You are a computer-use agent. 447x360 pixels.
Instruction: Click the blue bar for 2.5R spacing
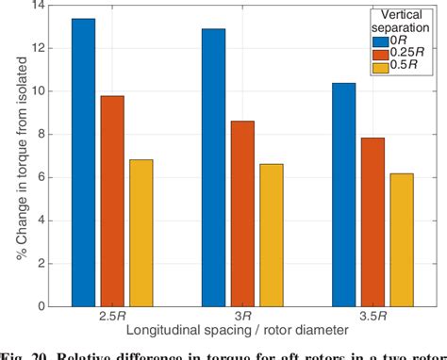(x=84, y=162)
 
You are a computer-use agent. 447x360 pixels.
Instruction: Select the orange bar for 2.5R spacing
(x=112, y=201)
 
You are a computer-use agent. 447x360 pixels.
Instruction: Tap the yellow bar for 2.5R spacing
(x=141, y=233)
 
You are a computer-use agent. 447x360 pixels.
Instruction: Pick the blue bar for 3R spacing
(x=214, y=167)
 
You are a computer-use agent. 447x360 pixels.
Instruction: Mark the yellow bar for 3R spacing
(x=271, y=235)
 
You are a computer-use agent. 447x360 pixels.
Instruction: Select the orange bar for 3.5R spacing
(x=372, y=221)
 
